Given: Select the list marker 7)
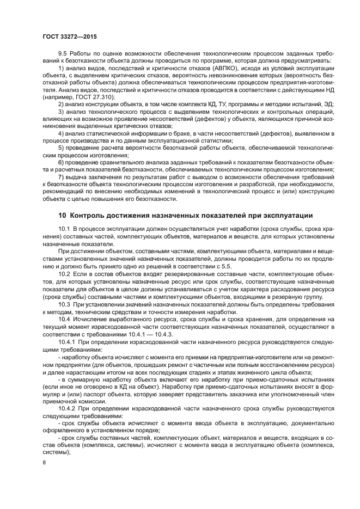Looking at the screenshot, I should (61, 177).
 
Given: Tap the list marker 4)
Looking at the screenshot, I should (61, 133).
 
